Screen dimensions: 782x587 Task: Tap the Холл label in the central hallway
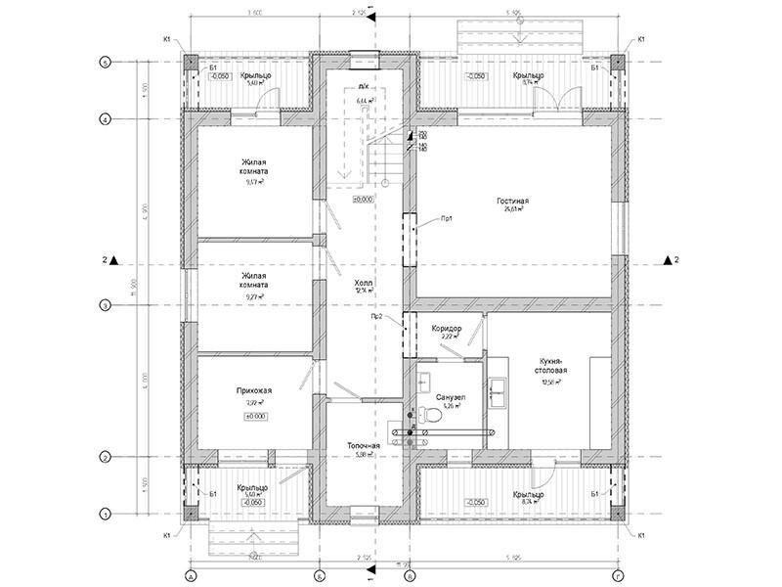click(364, 283)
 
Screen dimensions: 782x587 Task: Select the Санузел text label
click(450, 397)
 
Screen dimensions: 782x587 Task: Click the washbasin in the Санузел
click(426, 376)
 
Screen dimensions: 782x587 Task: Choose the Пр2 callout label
click(376, 317)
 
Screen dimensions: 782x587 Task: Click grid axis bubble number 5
click(106, 62)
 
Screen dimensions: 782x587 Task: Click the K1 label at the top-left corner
click(167, 40)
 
